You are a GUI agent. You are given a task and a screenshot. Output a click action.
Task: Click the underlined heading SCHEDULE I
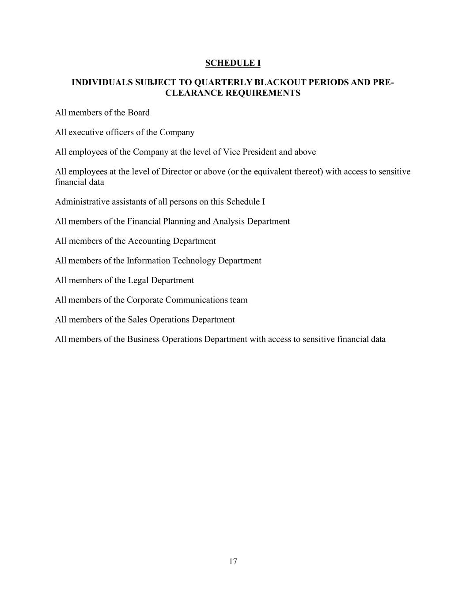coord(233,63)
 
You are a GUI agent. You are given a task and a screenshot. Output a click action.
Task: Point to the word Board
coord(139,113)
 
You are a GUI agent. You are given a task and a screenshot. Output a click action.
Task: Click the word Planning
coord(179,221)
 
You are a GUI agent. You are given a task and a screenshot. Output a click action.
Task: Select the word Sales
coord(137,320)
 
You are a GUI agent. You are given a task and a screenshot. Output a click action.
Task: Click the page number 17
coord(233,561)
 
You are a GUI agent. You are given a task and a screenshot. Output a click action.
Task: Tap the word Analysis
coord(228,221)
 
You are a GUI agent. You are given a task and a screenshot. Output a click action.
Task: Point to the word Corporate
coord(145,300)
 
